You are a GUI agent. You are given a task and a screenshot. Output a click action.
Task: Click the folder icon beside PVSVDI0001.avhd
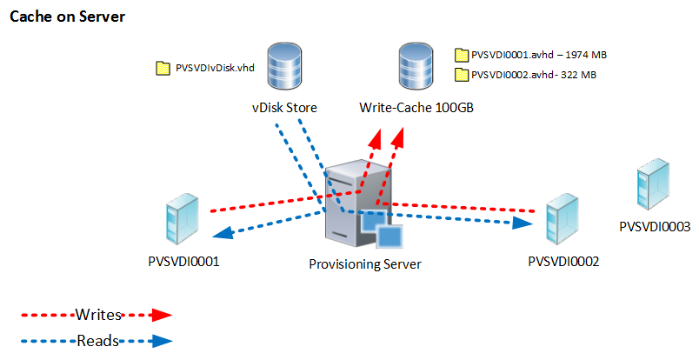click(461, 55)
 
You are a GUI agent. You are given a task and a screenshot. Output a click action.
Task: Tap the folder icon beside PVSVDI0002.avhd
click(461, 75)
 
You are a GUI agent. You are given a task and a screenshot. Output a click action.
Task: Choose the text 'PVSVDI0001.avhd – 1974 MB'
click(538, 55)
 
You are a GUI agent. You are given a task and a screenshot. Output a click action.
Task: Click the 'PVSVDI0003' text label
click(654, 227)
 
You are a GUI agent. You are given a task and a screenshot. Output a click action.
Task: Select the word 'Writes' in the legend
click(97, 314)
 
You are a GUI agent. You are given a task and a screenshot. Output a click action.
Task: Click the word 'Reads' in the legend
click(97, 341)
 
